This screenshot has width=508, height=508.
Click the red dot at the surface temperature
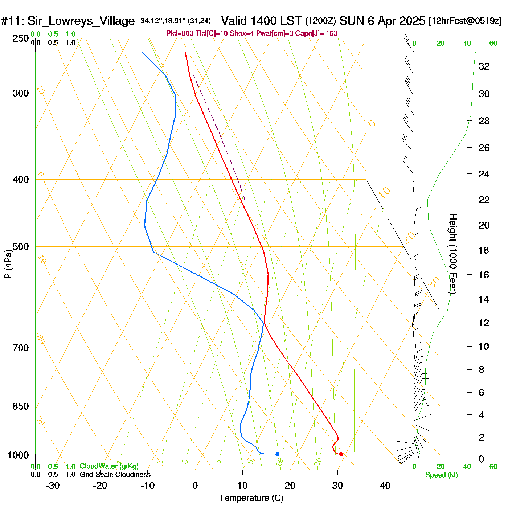click(x=341, y=454)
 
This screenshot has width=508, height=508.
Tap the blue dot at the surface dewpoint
click(x=278, y=454)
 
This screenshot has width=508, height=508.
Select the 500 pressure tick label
click(x=21, y=247)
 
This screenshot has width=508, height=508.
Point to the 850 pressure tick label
click(x=21, y=406)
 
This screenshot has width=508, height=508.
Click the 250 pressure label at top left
click(x=21, y=38)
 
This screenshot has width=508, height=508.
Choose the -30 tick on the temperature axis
click(x=53, y=486)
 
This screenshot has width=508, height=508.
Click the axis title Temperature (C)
click(x=251, y=498)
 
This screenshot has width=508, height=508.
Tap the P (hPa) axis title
click(x=8, y=264)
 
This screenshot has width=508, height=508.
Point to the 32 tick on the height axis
click(x=484, y=66)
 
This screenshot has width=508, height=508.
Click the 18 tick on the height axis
click(x=484, y=250)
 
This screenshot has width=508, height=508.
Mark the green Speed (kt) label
click(x=442, y=475)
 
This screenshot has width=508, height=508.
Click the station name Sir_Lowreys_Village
click(x=81, y=21)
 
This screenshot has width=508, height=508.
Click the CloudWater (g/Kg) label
click(x=109, y=466)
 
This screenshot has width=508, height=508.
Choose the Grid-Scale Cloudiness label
click(x=115, y=475)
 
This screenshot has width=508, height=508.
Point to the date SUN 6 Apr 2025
click(x=382, y=21)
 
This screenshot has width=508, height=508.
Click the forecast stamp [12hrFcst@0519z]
click(x=465, y=21)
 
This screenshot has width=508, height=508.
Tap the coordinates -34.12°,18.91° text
click(x=162, y=21)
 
